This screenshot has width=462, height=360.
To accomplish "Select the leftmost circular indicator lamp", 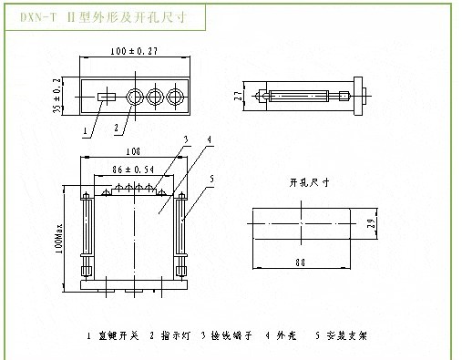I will click(136, 96).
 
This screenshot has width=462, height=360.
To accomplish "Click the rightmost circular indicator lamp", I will click(174, 96).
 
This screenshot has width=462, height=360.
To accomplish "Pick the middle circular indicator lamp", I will click(155, 96).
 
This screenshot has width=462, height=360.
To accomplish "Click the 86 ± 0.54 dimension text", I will click(131, 170).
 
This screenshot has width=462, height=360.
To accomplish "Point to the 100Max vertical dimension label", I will click(57, 239).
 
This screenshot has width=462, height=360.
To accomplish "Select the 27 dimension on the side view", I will click(239, 95).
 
